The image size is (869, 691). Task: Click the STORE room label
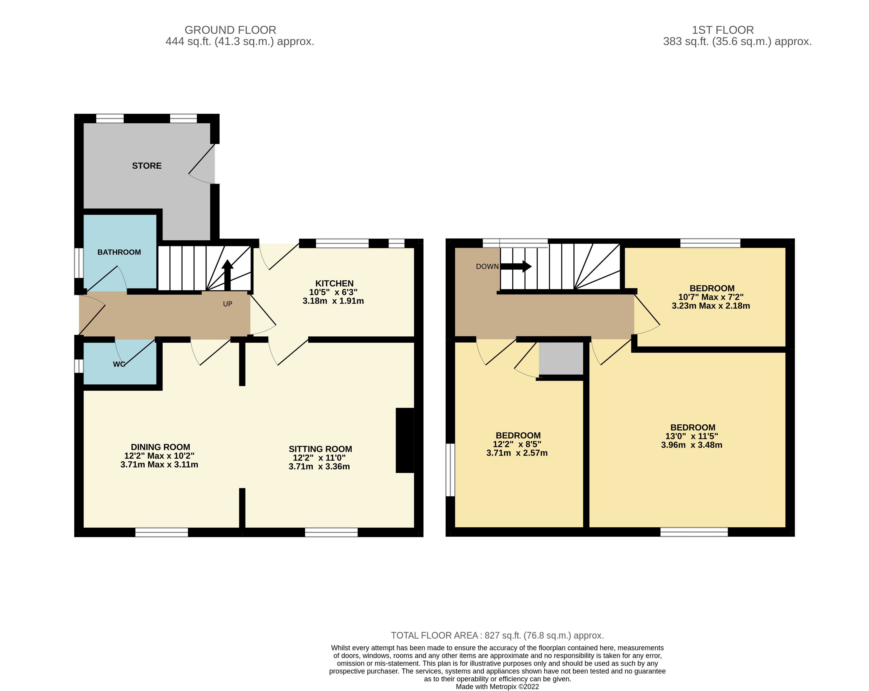(x=147, y=166)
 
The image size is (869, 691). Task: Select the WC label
(x=119, y=364)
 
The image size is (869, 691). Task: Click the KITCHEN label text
(x=334, y=283)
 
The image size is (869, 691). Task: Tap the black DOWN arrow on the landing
(x=516, y=266)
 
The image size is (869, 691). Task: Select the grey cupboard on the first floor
(x=561, y=358)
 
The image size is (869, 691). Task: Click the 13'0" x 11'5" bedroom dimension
(x=692, y=436)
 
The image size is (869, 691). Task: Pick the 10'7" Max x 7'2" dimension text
(x=711, y=297)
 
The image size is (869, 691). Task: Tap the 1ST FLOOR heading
(x=723, y=30)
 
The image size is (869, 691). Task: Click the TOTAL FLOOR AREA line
(x=497, y=635)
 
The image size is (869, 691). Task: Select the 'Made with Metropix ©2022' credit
(x=497, y=687)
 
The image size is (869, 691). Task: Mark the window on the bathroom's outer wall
(x=79, y=263)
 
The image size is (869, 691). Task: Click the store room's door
(x=202, y=165)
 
